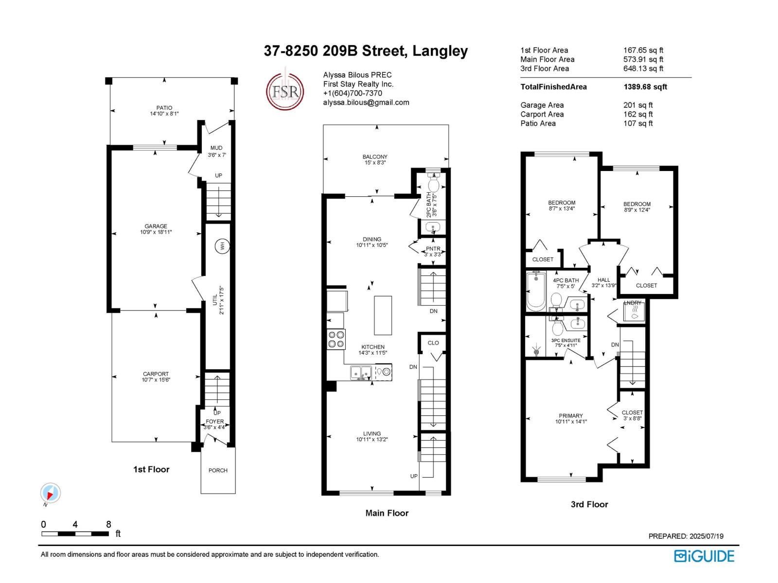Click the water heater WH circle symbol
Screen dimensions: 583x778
(222, 246)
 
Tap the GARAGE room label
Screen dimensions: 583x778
(156, 226)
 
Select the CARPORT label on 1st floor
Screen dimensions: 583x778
(156, 374)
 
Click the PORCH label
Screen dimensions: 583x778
(218, 470)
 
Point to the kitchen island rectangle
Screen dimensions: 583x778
(383, 315)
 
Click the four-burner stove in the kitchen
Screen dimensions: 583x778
(336, 339)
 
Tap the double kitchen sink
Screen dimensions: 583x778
(361, 373)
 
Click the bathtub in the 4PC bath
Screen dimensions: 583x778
(536, 291)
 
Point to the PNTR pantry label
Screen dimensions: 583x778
(433, 249)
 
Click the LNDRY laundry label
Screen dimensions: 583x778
(633, 303)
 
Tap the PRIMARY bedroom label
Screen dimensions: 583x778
(571, 416)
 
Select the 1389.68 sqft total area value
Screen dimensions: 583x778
(645, 87)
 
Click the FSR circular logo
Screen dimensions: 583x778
(285, 91)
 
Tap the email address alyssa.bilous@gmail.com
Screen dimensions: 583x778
(366, 103)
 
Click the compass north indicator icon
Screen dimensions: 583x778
(50, 494)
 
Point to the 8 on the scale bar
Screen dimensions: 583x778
(108, 525)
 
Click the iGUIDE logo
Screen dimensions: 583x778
(704, 556)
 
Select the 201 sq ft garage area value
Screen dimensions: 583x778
(638, 105)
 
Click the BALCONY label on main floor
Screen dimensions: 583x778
(375, 157)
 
